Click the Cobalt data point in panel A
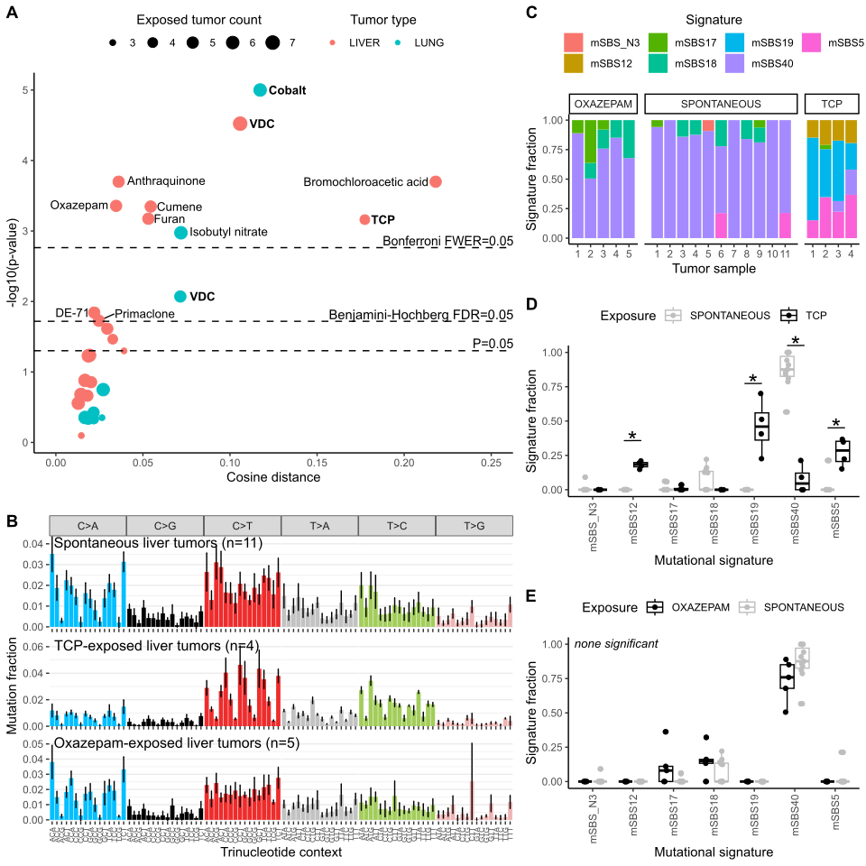coord(260,90)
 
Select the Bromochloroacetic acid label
coord(365,182)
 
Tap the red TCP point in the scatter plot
coord(364,219)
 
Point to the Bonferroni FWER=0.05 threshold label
coord(447,241)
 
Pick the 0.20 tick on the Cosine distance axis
coord(404,462)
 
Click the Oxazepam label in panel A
coord(79,206)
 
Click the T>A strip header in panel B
coord(319,525)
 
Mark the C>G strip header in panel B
coord(165,525)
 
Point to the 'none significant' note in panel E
coord(616,643)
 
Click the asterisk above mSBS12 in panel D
coord(632,437)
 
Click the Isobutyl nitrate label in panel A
coord(228,233)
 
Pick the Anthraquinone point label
coord(166,181)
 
